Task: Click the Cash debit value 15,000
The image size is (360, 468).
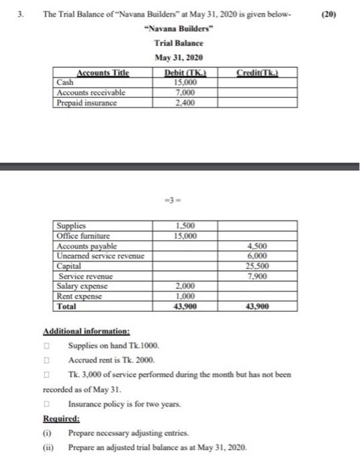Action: tap(185, 83)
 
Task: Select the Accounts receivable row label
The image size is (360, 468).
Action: tap(91, 92)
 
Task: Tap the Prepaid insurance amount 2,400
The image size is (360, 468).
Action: tap(185, 102)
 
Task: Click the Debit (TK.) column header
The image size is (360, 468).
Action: tap(185, 73)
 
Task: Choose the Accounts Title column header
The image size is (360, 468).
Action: tap(103, 73)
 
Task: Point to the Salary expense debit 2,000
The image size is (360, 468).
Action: tap(185, 286)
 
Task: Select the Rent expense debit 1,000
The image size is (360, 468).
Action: tap(185, 296)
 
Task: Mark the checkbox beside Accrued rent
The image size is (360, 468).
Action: tap(48, 360)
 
